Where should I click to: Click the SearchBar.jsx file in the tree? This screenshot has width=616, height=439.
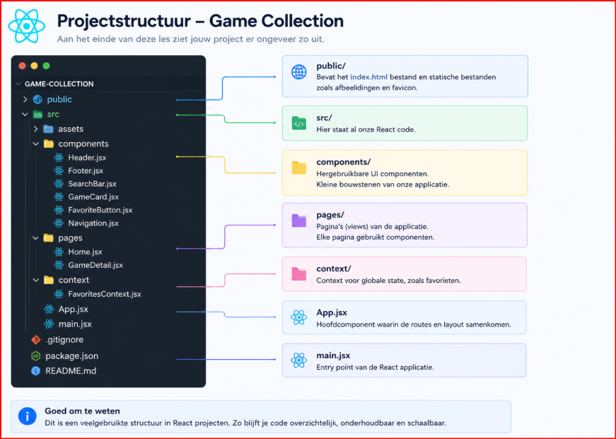92,184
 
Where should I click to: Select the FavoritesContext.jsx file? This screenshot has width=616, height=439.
105,294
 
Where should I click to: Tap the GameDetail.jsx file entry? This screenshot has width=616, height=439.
95,265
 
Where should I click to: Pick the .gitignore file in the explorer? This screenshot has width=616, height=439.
64,339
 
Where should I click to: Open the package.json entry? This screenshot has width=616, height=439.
72,356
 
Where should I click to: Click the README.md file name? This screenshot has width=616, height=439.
71,371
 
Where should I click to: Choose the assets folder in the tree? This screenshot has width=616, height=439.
71,129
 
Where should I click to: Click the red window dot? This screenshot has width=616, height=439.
23,66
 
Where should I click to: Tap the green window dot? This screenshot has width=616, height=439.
47,66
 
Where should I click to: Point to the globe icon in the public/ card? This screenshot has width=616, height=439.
299,72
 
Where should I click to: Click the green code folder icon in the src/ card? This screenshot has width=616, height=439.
299,123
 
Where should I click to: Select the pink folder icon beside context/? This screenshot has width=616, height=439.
299,274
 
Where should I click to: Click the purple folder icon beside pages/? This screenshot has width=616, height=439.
299,221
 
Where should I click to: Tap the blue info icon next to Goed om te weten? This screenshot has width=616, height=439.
28,416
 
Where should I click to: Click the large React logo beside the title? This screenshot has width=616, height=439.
27,26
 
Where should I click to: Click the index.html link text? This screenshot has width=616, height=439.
368,77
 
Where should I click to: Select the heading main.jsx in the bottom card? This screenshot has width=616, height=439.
333,356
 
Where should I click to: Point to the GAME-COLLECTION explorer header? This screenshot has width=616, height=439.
59,84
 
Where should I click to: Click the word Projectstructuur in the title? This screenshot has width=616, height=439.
124,21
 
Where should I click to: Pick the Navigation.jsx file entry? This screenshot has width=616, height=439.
93,223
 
